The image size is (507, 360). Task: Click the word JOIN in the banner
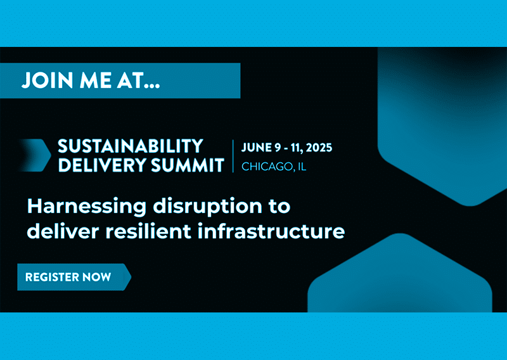[47, 80]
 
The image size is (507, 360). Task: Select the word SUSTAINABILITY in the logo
[131, 146]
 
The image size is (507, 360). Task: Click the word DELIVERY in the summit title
[102, 165]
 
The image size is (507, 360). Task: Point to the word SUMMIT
[188, 165]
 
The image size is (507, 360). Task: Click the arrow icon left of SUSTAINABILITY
[35, 155]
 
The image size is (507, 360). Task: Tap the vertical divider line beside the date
[233, 156]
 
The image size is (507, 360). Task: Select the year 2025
[319, 148]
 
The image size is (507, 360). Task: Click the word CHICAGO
[267, 167]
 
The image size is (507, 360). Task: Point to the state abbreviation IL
[302, 167]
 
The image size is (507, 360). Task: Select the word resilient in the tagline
[148, 231]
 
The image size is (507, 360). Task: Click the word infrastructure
[271, 231]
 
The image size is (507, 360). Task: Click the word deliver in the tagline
[63, 231]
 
